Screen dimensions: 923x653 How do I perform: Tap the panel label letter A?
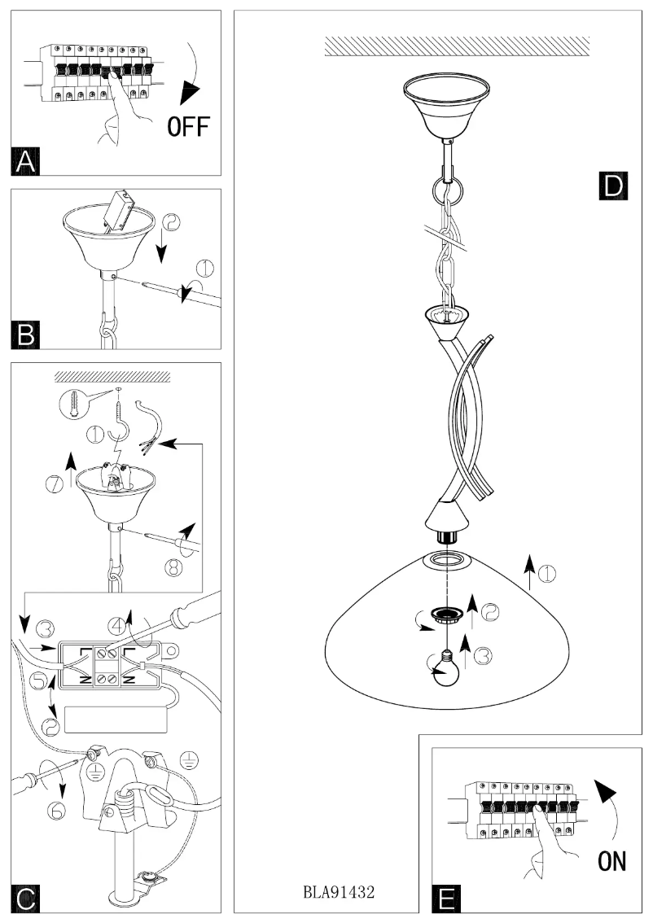[27, 161]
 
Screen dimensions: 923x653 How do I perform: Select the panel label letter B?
[27, 335]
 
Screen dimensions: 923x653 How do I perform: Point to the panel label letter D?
[610, 186]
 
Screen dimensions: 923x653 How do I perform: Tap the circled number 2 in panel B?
[172, 223]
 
